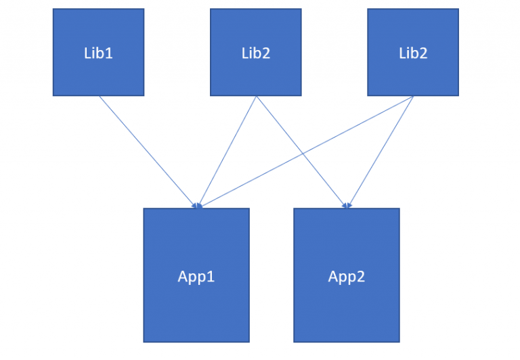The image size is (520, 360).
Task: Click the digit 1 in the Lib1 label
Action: coord(109,53)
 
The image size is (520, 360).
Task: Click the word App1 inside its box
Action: coord(196,276)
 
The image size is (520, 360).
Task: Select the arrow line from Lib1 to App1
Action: coord(148,151)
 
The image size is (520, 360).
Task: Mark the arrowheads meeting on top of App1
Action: coord(198,206)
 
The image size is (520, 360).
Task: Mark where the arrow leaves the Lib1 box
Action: coord(99,96)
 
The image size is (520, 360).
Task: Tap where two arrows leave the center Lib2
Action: coord(256,96)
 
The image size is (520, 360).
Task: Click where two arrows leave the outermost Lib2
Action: coord(413,96)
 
